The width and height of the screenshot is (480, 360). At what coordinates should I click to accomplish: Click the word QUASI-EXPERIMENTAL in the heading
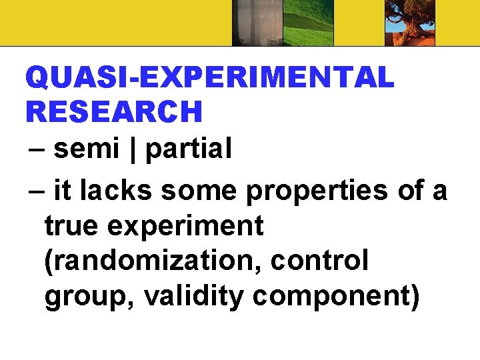[x=210, y=79]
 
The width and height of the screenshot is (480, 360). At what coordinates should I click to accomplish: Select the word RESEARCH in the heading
[x=113, y=111]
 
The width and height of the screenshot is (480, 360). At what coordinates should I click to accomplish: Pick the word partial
[x=188, y=151]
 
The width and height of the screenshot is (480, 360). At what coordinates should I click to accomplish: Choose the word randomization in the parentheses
[x=153, y=261]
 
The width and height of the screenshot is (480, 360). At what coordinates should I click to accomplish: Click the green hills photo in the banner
[x=309, y=23]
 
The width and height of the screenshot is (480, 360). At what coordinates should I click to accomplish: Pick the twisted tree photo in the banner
[x=409, y=23]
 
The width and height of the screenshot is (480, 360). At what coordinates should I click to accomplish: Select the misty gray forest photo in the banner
[x=257, y=23]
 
